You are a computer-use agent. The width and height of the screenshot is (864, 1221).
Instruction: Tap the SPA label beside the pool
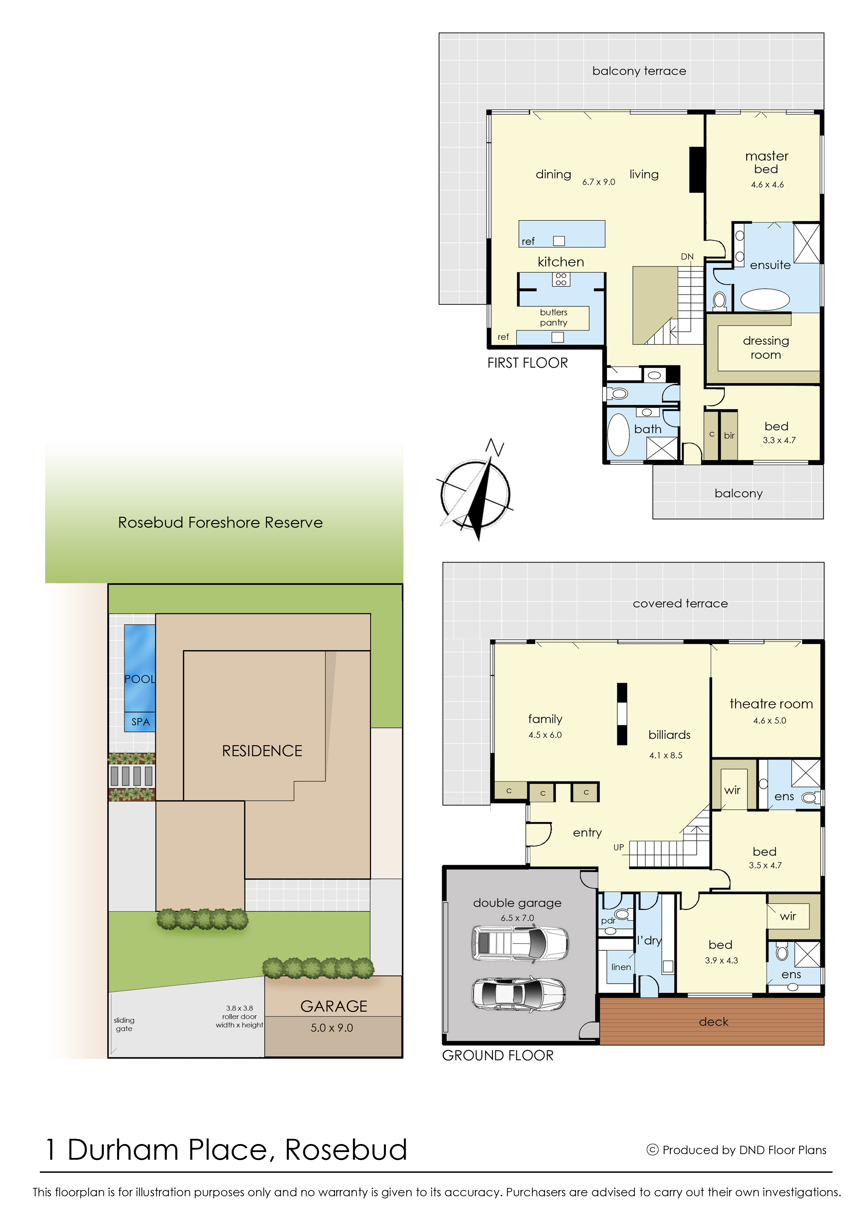click(x=140, y=722)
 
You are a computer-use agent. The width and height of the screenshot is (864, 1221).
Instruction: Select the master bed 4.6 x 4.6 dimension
click(x=767, y=185)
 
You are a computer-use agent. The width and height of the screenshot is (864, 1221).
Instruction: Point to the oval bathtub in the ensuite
click(x=765, y=300)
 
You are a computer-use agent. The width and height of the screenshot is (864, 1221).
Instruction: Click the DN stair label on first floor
click(x=687, y=256)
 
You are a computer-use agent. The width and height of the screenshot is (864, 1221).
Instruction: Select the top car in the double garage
click(x=520, y=943)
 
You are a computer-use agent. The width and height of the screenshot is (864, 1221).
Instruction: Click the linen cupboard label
click(x=621, y=967)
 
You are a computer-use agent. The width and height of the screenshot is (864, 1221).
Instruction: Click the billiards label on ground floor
click(x=669, y=735)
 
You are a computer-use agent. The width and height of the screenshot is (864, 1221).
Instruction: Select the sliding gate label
click(x=124, y=1024)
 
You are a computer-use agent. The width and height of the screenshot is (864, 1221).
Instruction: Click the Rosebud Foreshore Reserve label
click(x=220, y=522)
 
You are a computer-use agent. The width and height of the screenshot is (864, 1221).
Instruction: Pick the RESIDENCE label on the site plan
click(x=262, y=751)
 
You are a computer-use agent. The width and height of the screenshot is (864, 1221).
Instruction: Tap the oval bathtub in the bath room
click(x=618, y=435)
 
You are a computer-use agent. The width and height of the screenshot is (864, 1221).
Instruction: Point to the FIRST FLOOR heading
click(x=527, y=363)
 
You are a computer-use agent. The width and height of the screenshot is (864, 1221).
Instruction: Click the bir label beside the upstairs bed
click(x=729, y=435)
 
